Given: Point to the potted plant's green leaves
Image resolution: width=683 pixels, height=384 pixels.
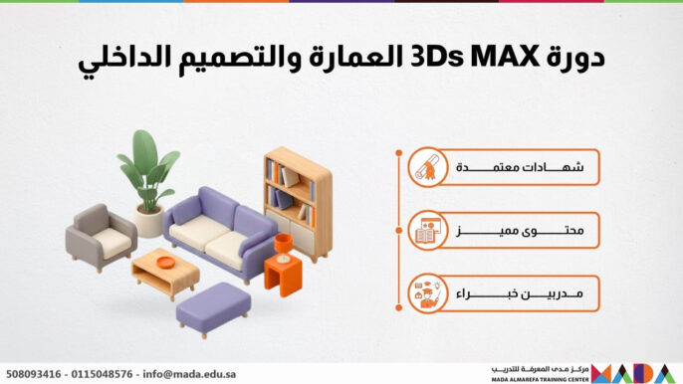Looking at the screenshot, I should coord(148,164).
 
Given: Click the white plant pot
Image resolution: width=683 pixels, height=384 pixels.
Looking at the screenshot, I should coord(150,221).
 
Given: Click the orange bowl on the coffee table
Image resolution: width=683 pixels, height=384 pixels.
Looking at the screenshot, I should coord(165,263).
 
